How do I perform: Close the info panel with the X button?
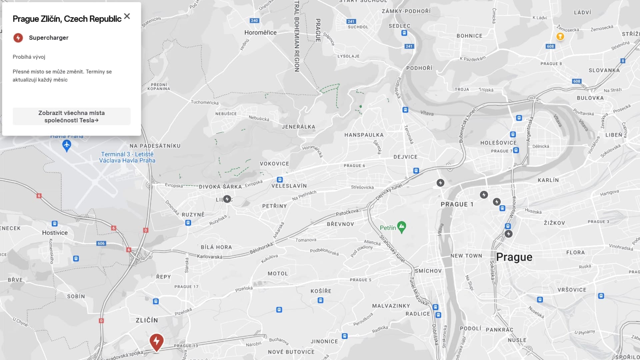127,16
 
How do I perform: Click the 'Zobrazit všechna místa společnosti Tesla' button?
71,116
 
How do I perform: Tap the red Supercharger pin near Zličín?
156,342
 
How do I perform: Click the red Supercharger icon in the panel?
18,38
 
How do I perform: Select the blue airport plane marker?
67,145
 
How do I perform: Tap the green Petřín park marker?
402,227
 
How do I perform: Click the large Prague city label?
514,257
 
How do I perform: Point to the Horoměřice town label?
260,32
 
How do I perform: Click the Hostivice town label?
55,233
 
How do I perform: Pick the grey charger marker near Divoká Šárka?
227,199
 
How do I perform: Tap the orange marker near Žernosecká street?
560,36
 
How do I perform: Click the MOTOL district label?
278,273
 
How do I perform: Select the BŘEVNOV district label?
340,224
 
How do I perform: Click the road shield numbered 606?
101,243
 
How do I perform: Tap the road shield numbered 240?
254,21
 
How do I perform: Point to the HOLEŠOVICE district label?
498,143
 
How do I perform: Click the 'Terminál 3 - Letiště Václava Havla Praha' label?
127,157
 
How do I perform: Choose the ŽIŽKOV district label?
554,223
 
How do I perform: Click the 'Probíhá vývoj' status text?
29,57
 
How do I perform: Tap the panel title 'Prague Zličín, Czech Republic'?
67,19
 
